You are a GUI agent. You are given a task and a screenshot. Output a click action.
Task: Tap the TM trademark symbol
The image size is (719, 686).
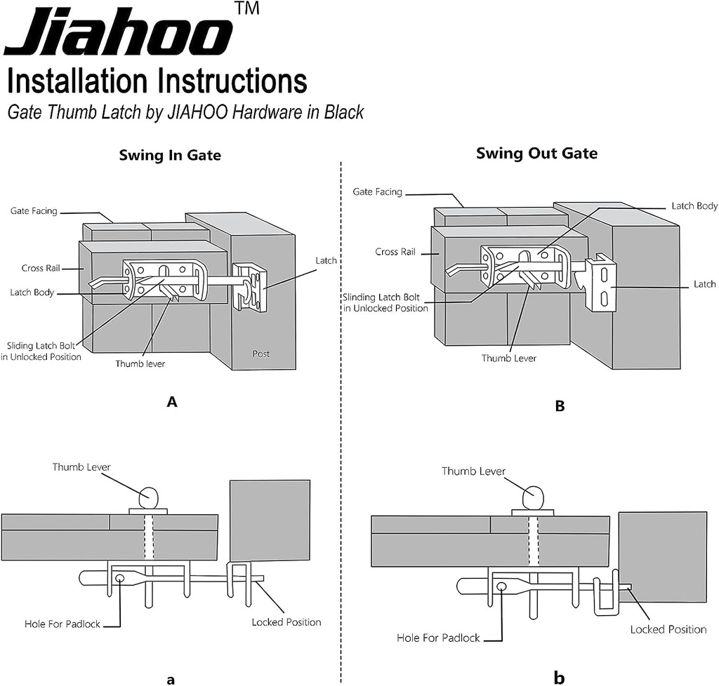tap(247, 8)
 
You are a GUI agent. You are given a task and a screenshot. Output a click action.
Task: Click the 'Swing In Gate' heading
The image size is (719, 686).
tap(170, 155)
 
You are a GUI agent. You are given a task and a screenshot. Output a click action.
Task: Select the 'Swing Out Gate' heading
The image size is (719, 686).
tap(536, 153)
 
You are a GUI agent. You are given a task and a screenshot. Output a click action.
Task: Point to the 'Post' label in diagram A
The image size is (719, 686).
tap(261, 354)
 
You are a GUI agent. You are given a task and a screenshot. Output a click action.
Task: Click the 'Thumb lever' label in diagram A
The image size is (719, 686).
tap(140, 363)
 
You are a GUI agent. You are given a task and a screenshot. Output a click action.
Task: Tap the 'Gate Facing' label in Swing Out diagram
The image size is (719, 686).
tap(377, 192)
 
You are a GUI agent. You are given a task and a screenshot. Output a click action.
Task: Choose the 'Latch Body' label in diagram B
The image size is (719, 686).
tap(694, 206)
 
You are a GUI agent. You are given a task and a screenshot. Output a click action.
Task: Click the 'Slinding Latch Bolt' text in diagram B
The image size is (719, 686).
tap(381, 297)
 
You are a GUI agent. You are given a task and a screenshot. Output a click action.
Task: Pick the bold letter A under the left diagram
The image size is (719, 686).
tap(171, 402)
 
